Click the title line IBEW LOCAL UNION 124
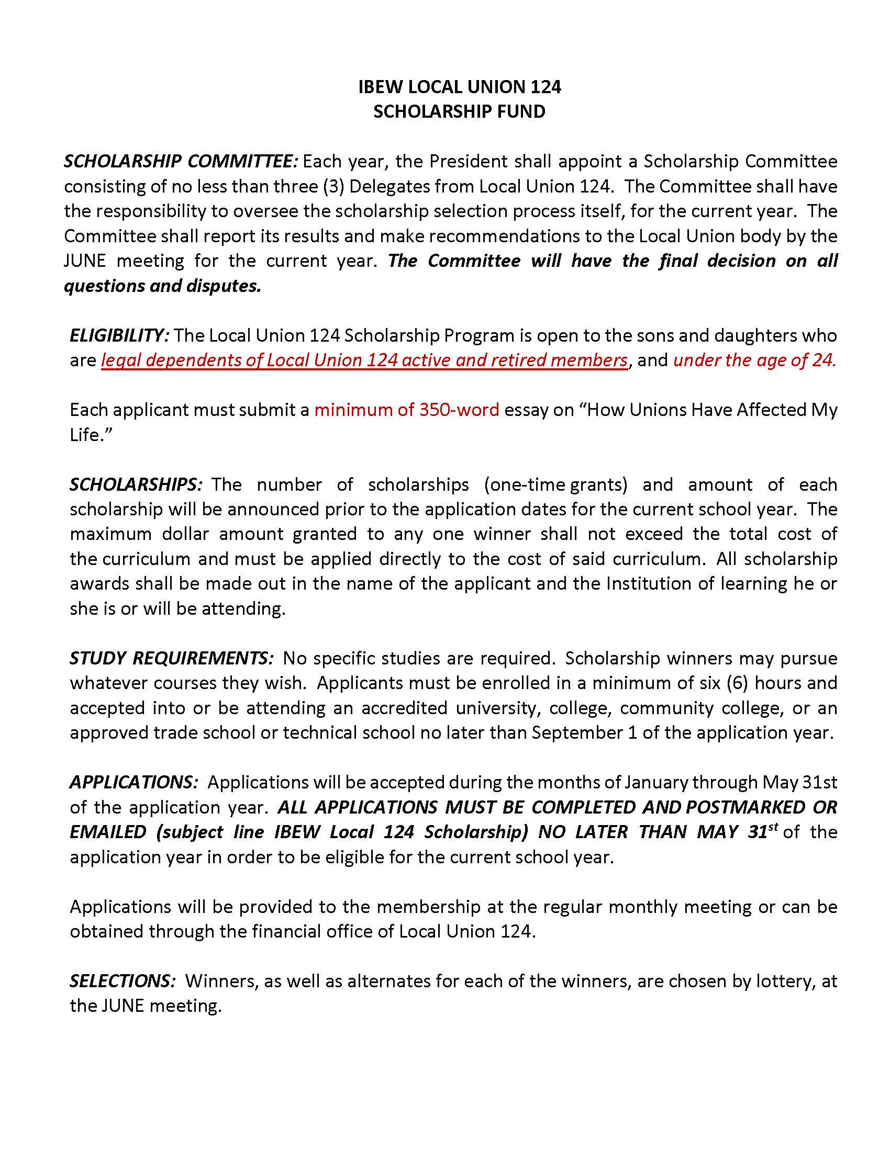tap(459, 87)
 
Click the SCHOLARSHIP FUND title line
tap(459, 112)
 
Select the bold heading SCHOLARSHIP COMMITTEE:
tap(181, 161)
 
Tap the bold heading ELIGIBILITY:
tap(119, 335)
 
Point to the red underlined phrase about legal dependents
tap(364, 360)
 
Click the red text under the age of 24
tap(754, 360)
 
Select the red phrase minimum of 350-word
tap(406, 410)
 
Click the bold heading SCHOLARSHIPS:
tap(136, 484)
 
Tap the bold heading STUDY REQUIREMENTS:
tap(171, 658)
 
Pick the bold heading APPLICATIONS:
tap(134, 782)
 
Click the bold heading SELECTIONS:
tap(123, 981)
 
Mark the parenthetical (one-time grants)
tap(555, 484)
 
